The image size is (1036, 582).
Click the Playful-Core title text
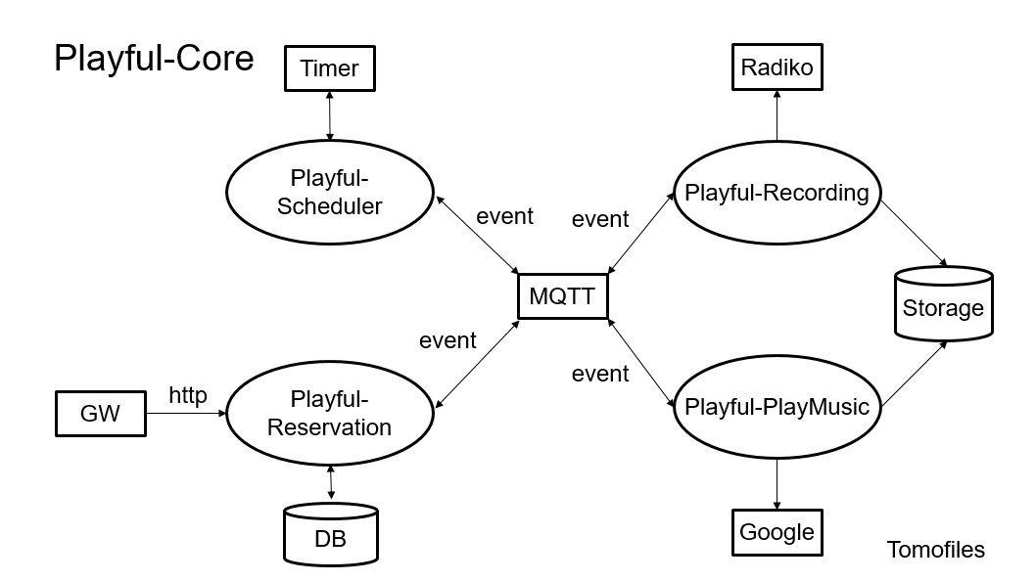click(154, 58)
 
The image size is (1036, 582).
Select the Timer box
click(330, 68)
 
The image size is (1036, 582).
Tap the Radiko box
click(777, 67)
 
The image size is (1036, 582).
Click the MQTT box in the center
click(562, 295)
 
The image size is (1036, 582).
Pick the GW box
click(99, 414)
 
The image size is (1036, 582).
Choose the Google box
click(777, 532)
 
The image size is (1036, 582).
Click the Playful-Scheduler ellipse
click(330, 193)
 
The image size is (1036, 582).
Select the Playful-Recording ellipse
click(777, 193)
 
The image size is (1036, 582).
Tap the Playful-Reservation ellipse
click(330, 414)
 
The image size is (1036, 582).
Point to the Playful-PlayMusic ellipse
click(777, 407)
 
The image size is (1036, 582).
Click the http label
click(188, 395)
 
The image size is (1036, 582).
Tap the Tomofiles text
click(935, 550)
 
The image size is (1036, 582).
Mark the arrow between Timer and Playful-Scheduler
click(330, 116)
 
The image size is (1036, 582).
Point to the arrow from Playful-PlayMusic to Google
click(777, 480)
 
